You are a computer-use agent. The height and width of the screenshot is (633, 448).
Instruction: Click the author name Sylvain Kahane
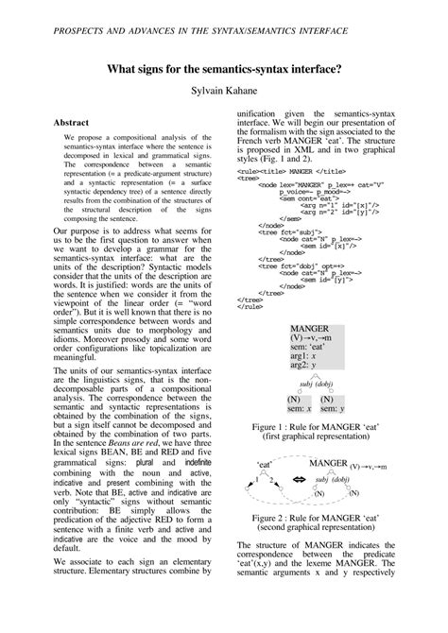point(224,93)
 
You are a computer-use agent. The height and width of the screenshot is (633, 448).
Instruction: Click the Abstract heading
point(72,123)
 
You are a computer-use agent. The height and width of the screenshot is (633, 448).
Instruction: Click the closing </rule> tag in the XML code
point(250,306)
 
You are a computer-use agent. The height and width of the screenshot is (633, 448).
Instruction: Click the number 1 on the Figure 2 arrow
point(255,481)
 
